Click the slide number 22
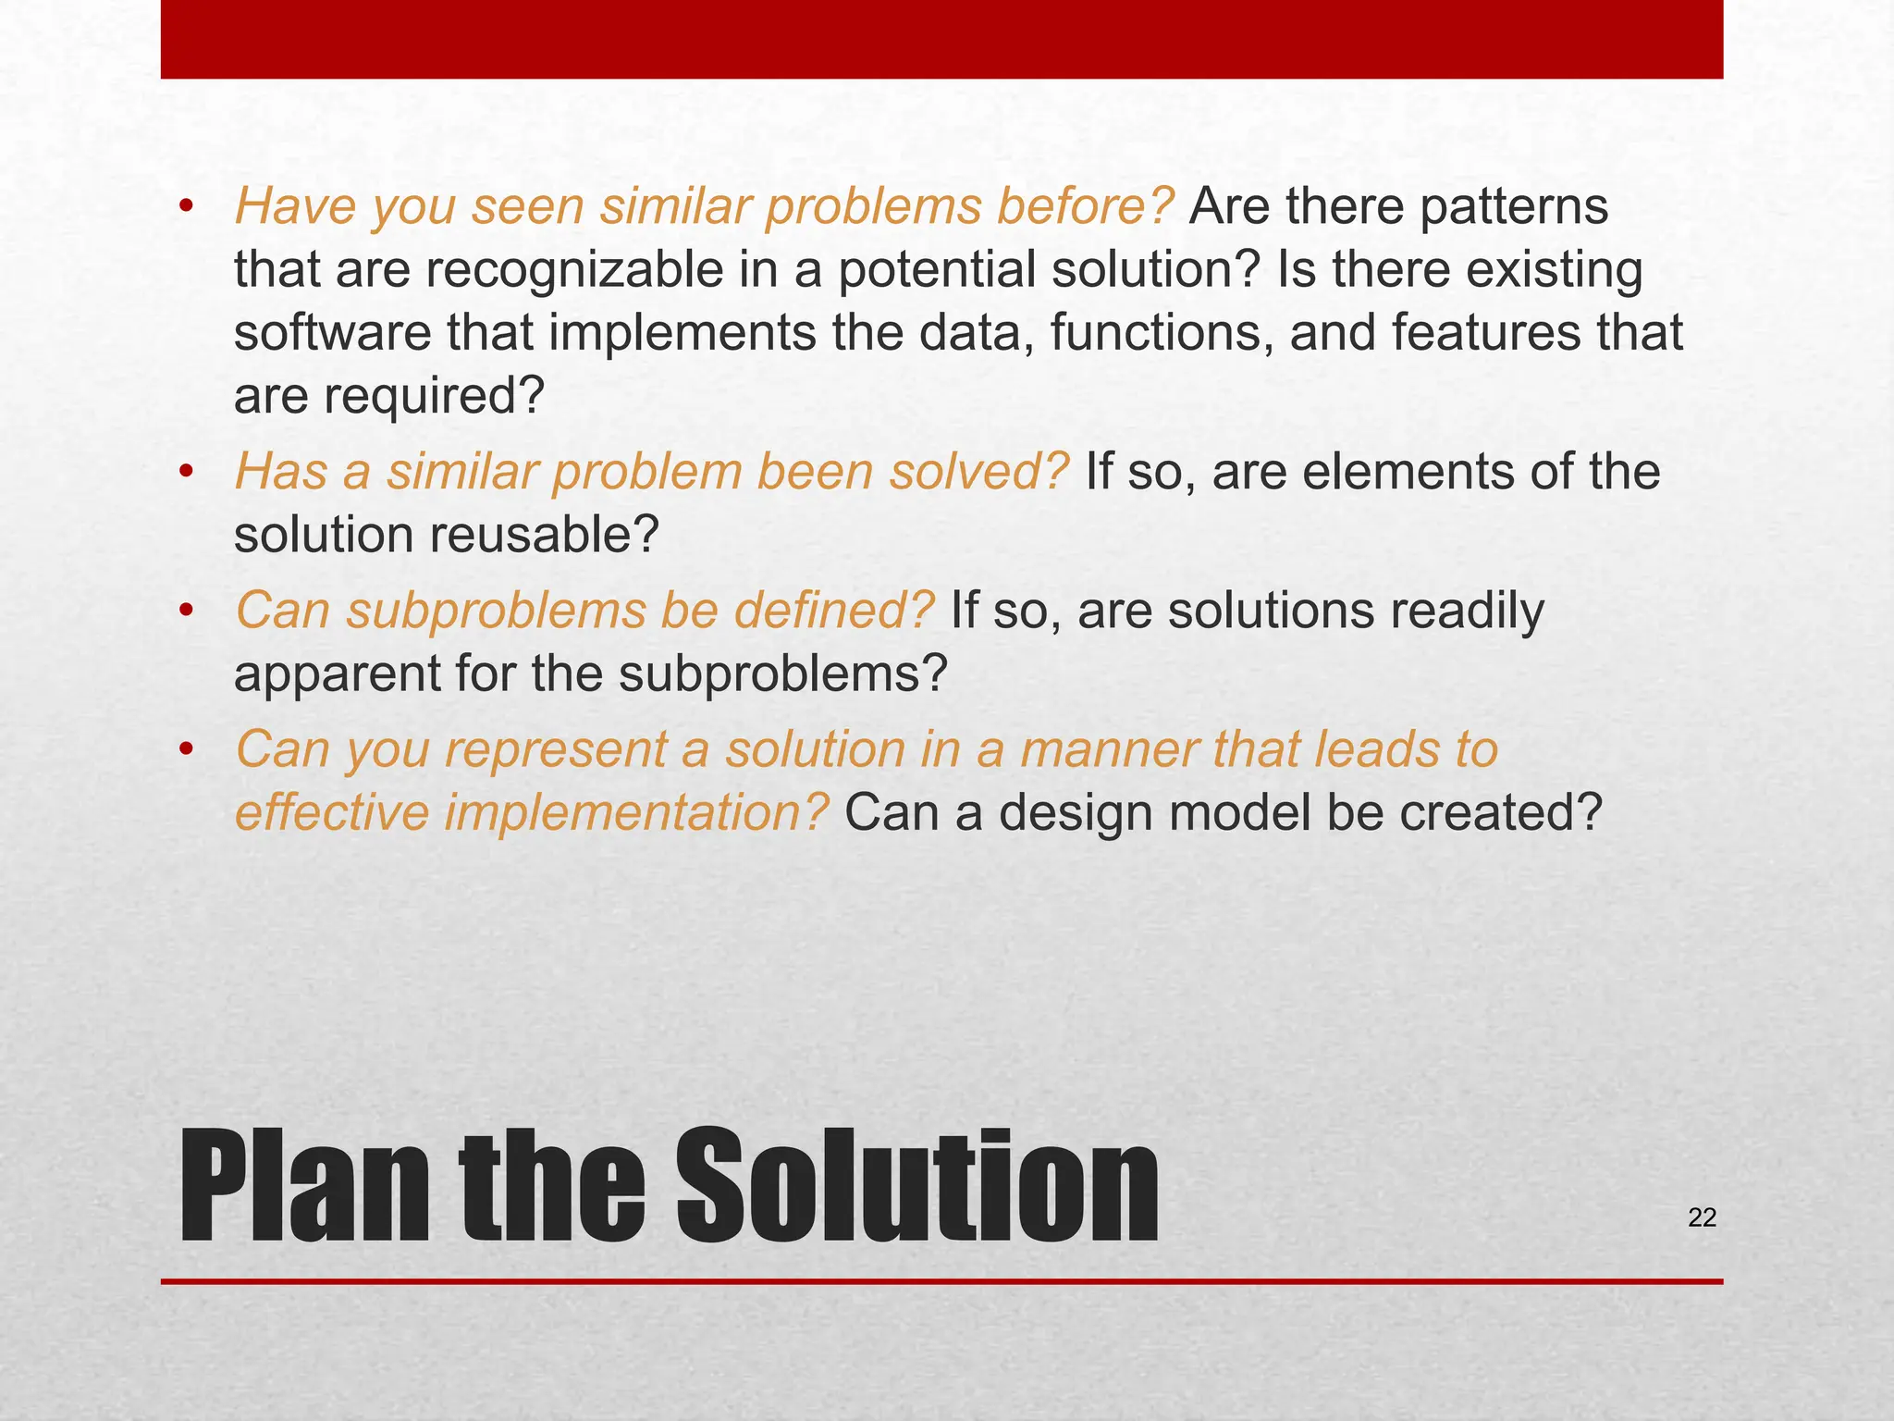point(1702,1217)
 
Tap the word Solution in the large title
point(916,1188)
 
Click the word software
point(332,333)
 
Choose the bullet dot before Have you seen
point(186,208)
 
